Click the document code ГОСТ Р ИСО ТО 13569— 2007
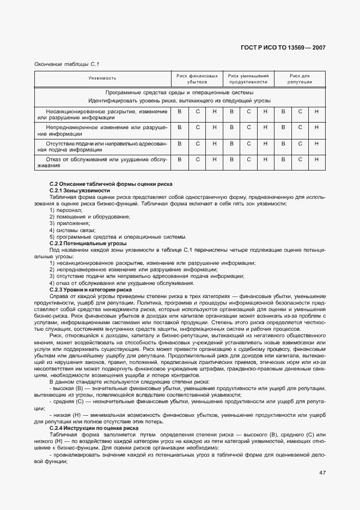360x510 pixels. coord(283,48)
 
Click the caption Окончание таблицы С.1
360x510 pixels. coord(66,64)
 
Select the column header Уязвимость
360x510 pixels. coord(102,78)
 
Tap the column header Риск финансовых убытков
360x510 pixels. coord(197,78)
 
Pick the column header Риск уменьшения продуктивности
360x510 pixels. coord(248,78)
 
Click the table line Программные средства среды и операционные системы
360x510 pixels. coord(179,93)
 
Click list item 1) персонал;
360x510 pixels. coord(65,210)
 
